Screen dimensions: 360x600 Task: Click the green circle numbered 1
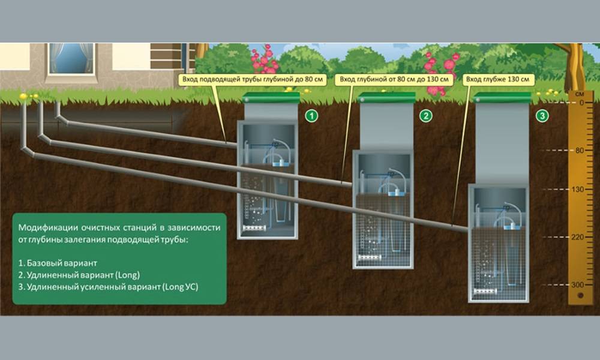pos(311,116)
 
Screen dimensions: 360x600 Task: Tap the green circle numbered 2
pos(426,116)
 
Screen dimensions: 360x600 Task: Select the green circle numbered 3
pos(542,116)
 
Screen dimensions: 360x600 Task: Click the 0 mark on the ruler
pos(581,103)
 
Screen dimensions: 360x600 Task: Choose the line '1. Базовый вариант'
pos(57,263)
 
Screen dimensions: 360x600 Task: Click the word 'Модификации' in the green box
pos(46,228)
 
